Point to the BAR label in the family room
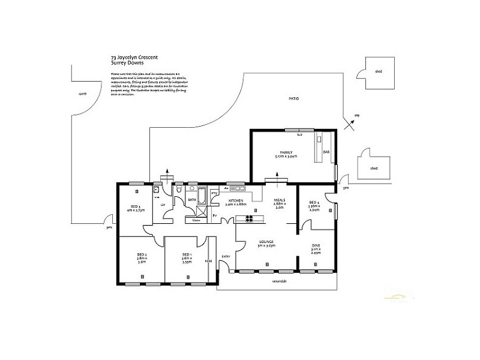tap(326, 152)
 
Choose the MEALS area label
tap(280, 200)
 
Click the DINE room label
tap(316, 245)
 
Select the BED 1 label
tap(187, 255)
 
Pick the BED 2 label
tap(142, 255)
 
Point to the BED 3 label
tap(135, 207)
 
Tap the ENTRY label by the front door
tap(226, 257)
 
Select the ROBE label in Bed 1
tap(209, 261)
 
